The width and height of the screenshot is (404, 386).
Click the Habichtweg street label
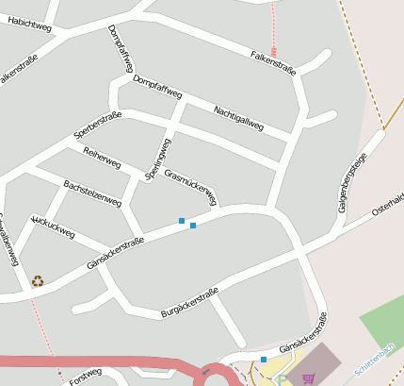click(x=28, y=25)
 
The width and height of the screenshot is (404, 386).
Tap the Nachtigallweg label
click(x=239, y=117)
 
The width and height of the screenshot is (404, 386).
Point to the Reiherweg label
click(x=102, y=158)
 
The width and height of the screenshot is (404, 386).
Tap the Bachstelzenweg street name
click(x=92, y=192)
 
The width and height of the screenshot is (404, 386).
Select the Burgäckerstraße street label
click(x=189, y=301)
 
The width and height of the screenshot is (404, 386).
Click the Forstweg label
click(x=85, y=376)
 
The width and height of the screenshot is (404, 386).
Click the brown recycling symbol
click(x=38, y=280)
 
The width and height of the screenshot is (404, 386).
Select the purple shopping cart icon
click(x=309, y=378)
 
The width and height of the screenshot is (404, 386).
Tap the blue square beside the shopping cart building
click(x=264, y=359)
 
